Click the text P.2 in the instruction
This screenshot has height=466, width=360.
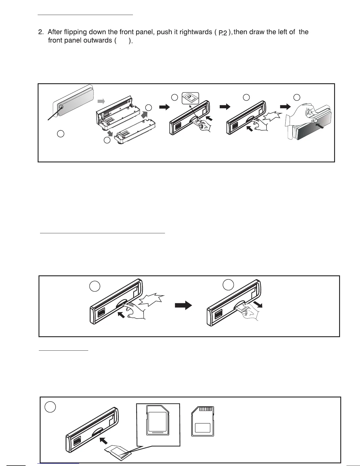223,33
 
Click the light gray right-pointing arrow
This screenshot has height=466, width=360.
101,101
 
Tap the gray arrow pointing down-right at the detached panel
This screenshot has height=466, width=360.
110,134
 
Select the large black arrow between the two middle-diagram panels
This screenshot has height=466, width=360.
183,306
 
